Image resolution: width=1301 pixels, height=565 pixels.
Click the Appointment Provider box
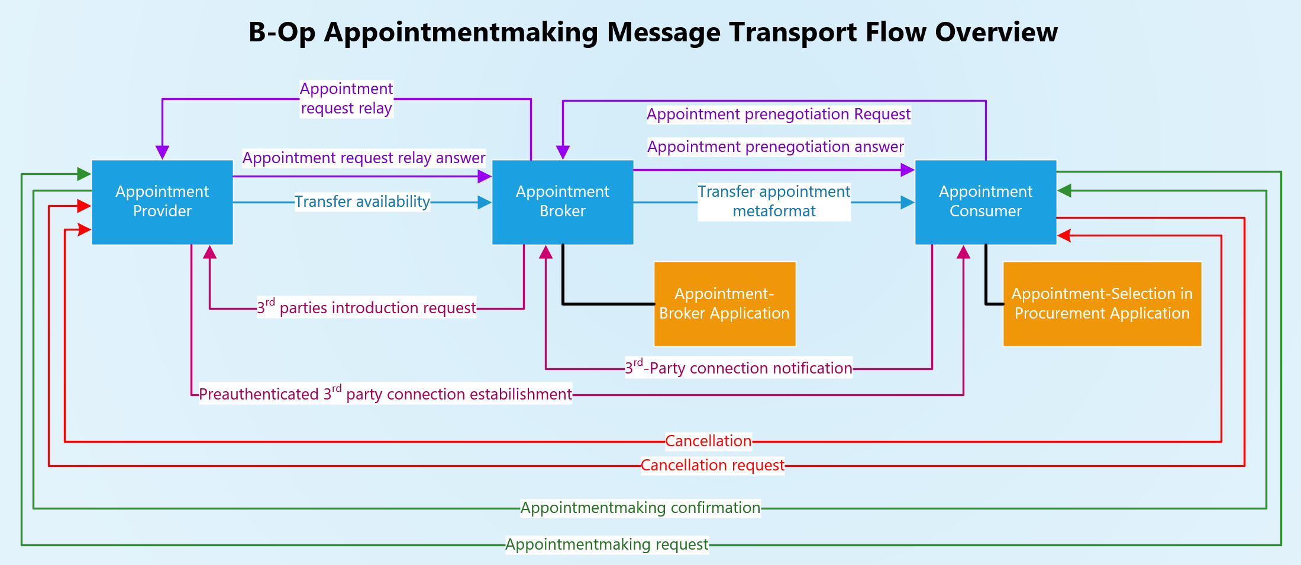point(162,202)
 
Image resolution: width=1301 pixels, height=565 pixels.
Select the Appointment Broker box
point(562,202)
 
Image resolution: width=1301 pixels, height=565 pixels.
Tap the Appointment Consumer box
point(985,202)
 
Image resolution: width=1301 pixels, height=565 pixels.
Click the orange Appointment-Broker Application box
point(724,304)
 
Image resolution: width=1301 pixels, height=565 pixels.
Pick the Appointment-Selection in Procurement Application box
point(1102,304)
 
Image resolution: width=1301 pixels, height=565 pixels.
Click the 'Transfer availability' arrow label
point(362,202)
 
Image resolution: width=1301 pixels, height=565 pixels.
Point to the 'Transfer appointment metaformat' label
point(774,202)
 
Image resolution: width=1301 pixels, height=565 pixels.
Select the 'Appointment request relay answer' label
point(363,158)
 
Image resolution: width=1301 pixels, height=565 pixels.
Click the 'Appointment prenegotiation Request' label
point(778,115)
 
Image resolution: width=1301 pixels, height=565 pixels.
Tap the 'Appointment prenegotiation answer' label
point(775,147)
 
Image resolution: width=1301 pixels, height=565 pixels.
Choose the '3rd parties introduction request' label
point(366,307)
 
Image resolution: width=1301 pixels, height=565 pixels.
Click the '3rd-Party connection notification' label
point(738,368)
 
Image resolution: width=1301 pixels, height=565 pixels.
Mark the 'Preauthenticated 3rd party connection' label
point(385,394)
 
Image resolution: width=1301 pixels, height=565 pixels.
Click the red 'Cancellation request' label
point(712,466)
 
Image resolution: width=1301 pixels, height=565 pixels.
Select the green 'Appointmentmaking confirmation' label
point(640,508)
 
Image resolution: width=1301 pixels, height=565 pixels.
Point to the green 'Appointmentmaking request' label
point(606,545)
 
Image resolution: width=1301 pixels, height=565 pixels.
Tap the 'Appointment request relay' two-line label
point(346,99)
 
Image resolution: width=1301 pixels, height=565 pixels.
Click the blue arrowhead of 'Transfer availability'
point(485,203)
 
